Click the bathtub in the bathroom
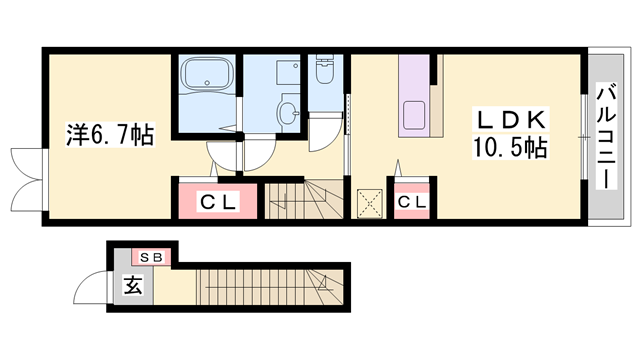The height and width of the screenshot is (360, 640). tap(206, 73)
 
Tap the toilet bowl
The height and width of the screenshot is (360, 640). tap(325, 69)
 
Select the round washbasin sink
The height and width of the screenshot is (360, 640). tap(288, 113)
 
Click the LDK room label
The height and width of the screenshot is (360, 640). tap(511, 120)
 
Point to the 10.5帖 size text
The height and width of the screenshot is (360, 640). tap(510, 147)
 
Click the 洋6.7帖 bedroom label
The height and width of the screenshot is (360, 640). tap(110, 134)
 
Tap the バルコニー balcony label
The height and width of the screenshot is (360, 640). tap(606, 136)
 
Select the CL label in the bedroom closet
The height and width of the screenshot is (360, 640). tap(218, 202)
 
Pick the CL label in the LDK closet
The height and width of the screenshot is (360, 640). tap(411, 202)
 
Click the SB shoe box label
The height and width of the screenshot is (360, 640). tap(151, 257)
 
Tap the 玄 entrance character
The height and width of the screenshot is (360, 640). tap(133, 285)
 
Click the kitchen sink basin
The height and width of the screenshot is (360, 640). tap(414, 115)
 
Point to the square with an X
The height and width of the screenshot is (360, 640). tap(369, 204)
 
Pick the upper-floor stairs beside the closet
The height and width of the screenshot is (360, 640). tap(304, 200)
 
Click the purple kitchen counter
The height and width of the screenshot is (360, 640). tap(414, 96)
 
